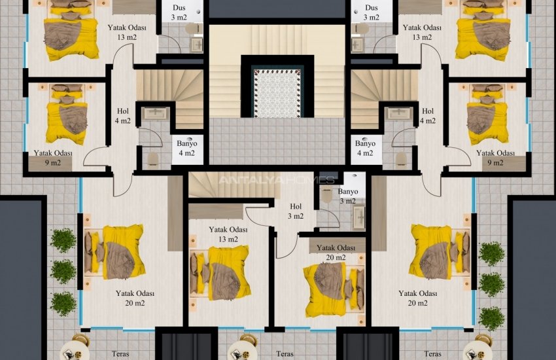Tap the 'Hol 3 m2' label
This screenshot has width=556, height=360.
click(295, 211)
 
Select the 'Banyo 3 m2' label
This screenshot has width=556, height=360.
click(348, 196)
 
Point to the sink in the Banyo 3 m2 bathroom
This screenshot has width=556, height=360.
click(358, 219)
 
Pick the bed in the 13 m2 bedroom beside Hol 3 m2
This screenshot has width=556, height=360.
click(220, 272)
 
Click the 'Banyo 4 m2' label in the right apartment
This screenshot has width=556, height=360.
click(364, 148)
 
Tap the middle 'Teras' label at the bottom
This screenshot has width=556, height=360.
click(285, 353)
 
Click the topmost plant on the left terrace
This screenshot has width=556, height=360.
click(63, 240)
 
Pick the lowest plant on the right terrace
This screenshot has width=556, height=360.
click(491, 318)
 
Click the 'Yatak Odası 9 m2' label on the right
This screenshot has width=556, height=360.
click(494, 158)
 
